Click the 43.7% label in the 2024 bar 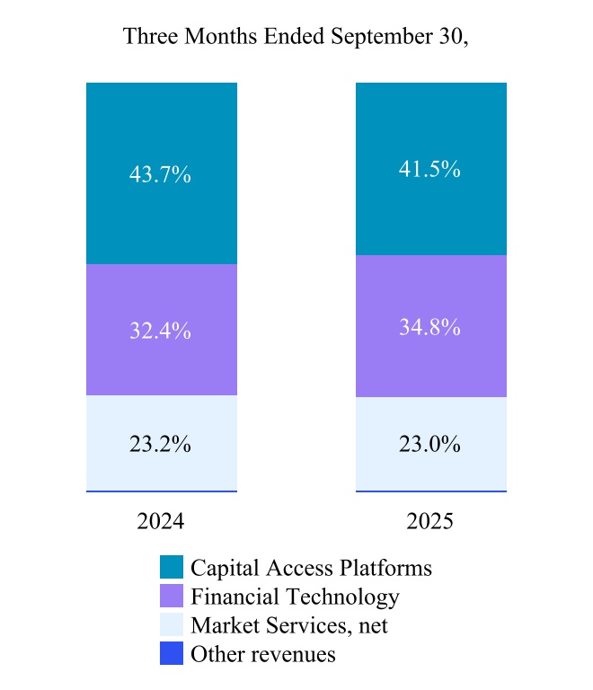160,175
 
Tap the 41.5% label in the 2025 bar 429,169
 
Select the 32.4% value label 160,330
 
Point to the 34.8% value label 429,327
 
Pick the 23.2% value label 160,444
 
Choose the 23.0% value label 429,444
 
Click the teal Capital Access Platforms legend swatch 172,568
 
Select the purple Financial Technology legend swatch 172,597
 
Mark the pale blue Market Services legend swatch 172,625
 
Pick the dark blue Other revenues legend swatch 172,654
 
